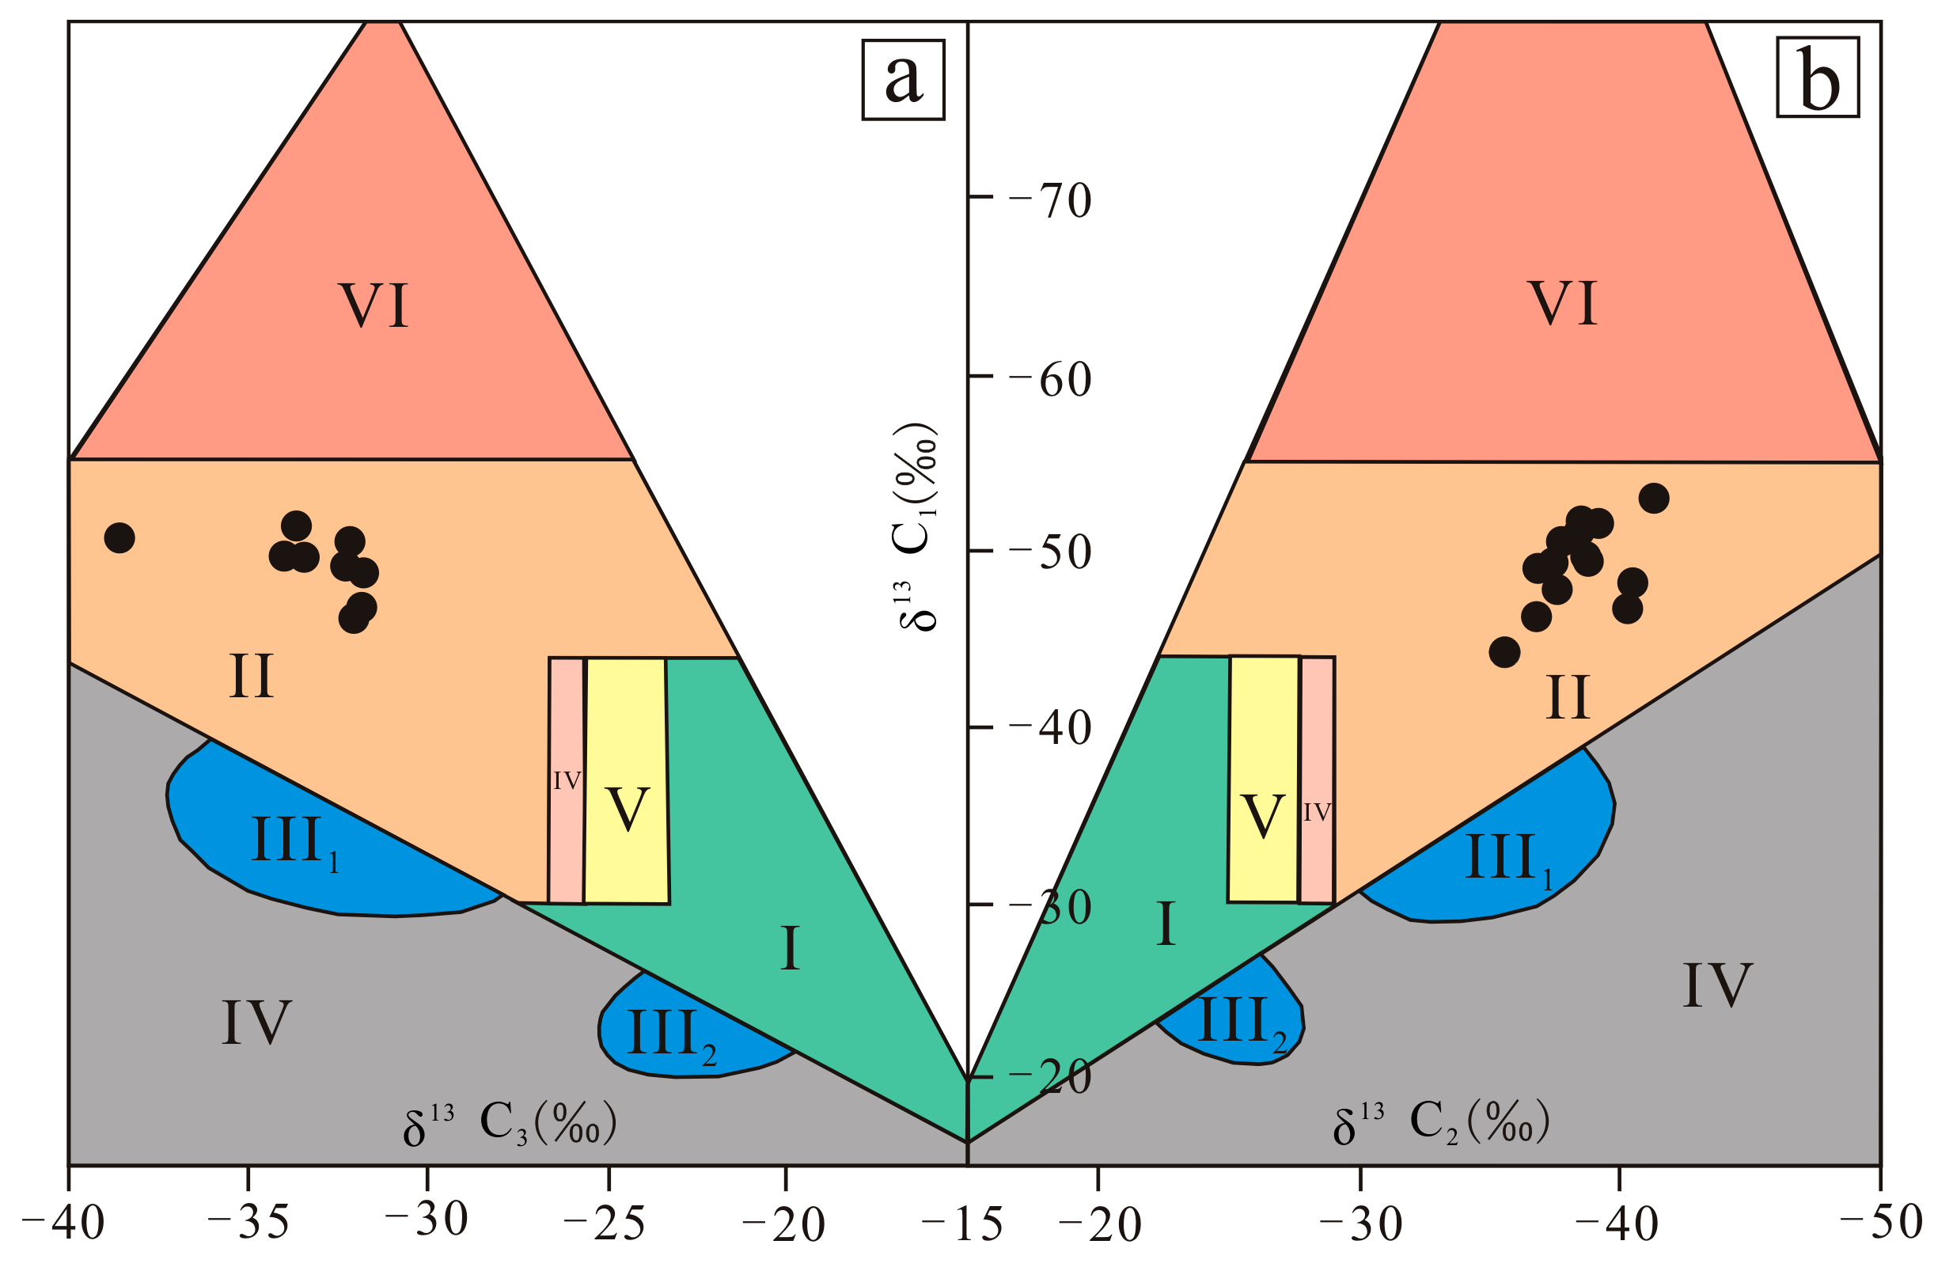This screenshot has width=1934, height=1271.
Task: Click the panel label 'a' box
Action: [903, 80]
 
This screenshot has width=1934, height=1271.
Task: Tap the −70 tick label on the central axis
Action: [1050, 200]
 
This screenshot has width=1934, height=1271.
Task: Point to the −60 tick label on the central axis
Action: [1050, 380]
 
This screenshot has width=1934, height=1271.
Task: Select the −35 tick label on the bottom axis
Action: [248, 1221]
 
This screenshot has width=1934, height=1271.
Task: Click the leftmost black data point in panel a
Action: [119, 537]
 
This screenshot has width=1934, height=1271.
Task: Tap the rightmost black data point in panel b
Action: [1654, 498]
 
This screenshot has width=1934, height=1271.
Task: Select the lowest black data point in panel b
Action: [1505, 652]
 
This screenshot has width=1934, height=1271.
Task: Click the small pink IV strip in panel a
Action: [567, 780]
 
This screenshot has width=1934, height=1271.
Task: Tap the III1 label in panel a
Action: [295, 843]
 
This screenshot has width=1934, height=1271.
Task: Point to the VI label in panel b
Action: [1563, 304]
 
